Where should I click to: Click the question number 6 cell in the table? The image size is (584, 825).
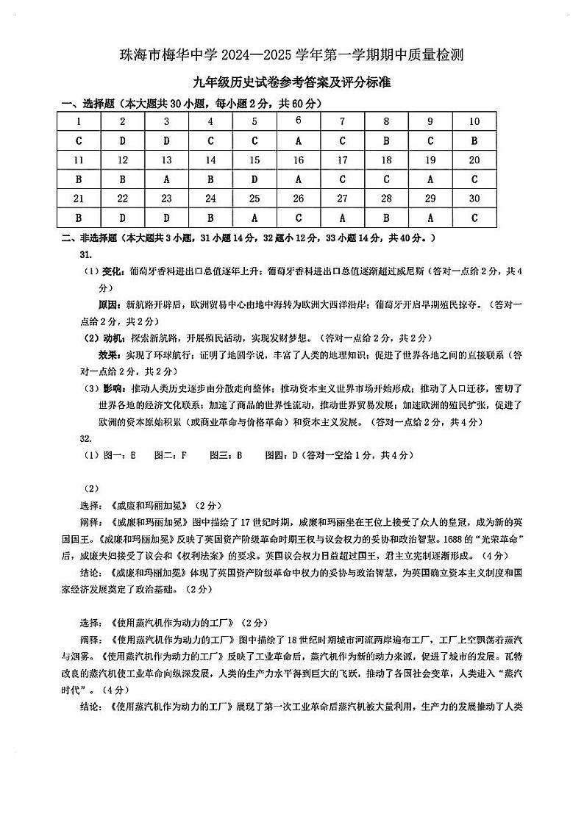(x=299, y=121)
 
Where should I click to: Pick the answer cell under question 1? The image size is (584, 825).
(x=79, y=141)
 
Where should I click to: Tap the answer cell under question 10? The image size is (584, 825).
(x=474, y=141)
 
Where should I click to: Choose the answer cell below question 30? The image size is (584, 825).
(x=474, y=218)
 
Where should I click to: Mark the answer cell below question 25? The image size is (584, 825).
(x=254, y=218)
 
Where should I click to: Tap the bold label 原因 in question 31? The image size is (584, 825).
(x=109, y=304)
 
